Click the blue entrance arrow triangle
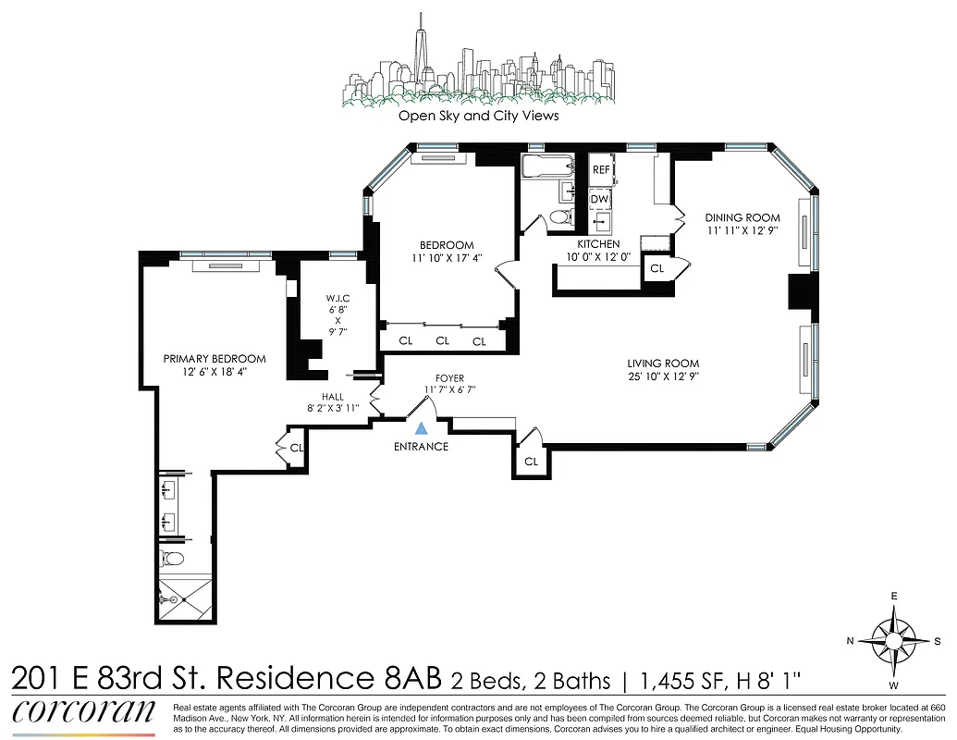(x=422, y=428)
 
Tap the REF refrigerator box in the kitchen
(x=601, y=170)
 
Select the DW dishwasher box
(x=600, y=199)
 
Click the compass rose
(x=893, y=640)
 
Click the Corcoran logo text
(x=83, y=712)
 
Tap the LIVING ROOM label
(x=663, y=364)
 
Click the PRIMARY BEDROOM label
(x=215, y=359)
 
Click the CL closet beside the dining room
(x=658, y=268)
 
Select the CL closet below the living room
(x=531, y=461)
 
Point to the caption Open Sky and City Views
(x=478, y=117)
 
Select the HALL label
(x=332, y=396)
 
